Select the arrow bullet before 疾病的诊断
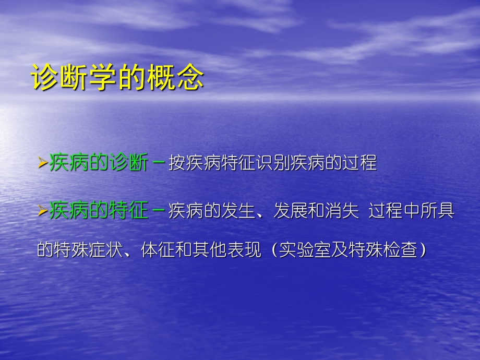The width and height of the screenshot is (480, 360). point(43,164)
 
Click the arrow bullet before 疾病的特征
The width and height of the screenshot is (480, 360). point(43,212)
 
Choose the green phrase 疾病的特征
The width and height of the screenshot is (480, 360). point(99,212)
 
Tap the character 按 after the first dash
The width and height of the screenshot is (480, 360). point(176,163)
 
